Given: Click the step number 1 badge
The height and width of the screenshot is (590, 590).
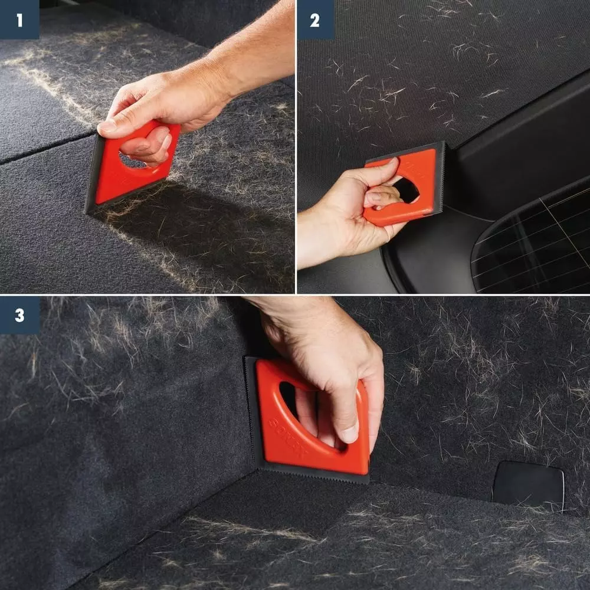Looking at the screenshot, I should (x=19, y=20).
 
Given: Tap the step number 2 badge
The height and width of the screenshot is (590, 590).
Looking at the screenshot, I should (x=314, y=20).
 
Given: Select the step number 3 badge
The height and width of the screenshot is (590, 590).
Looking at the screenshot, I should (x=19, y=315).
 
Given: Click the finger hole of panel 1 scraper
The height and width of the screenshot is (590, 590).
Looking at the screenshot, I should (x=133, y=160).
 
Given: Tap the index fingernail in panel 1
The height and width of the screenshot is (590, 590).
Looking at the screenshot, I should (x=107, y=126).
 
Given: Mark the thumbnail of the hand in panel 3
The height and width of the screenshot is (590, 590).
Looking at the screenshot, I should (x=350, y=434).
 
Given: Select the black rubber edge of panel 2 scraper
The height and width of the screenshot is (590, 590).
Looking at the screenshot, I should (x=439, y=177).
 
